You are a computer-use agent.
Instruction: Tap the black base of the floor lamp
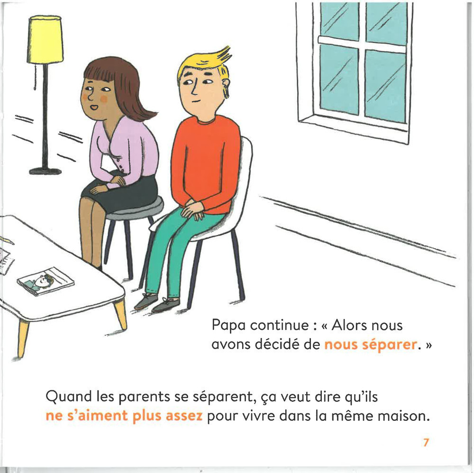click(x=45, y=171)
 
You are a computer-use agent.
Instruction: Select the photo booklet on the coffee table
click(x=46, y=281)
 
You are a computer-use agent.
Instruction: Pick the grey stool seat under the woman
click(x=137, y=209)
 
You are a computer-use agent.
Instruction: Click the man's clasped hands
click(x=192, y=209)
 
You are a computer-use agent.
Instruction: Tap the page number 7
click(x=426, y=443)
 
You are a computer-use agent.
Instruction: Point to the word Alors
click(x=350, y=326)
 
